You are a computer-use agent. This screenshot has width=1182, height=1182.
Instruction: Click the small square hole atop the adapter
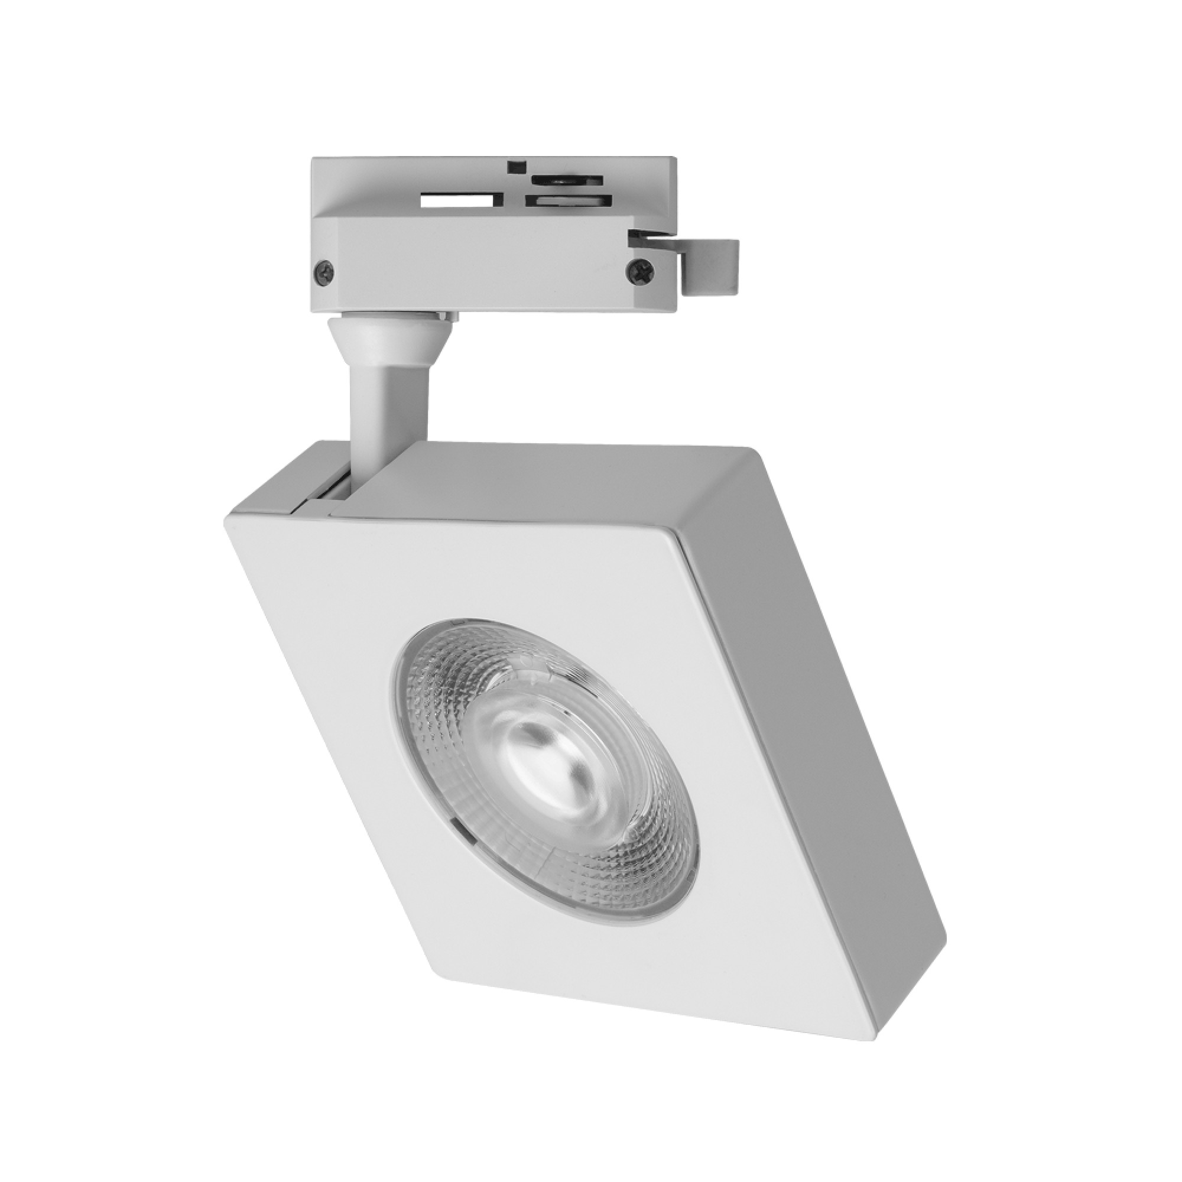(518, 165)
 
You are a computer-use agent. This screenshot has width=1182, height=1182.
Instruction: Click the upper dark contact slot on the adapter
(567, 181)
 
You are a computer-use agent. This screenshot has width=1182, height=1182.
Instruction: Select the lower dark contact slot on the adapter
(566, 200)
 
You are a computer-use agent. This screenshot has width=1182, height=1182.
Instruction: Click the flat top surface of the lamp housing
(551, 483)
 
